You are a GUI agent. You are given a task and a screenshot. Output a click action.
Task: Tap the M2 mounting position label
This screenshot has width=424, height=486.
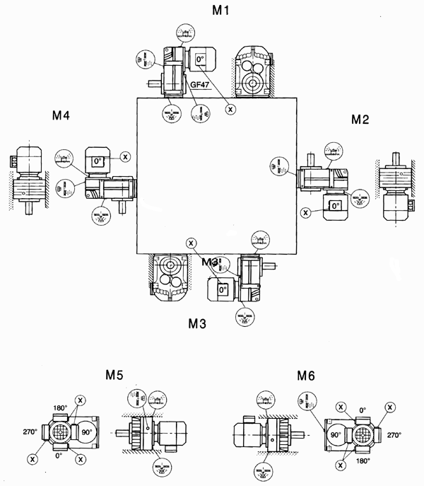tap(360, 120)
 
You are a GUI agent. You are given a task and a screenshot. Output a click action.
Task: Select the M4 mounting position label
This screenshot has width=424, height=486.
tap(60, 115)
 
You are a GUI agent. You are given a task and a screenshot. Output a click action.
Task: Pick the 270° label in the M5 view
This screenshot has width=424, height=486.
tap(30, 431)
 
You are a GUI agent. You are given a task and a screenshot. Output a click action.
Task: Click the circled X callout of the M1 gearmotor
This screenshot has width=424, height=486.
tap(230, 110)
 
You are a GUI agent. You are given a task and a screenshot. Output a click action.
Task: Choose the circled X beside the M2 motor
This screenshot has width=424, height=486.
tap(305, 212)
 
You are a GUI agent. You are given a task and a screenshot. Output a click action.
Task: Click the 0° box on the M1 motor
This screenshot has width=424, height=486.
tap(200, 59)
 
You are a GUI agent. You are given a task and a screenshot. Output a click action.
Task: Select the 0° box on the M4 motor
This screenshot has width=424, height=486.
tap(95, 161)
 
